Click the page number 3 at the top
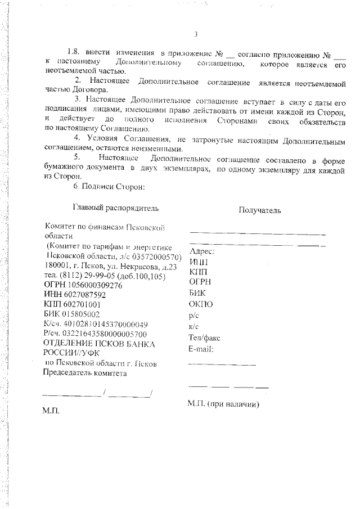[x=195, y=34]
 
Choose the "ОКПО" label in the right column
[x=201, y=304]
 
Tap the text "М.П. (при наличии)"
[x=223, y=404]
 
